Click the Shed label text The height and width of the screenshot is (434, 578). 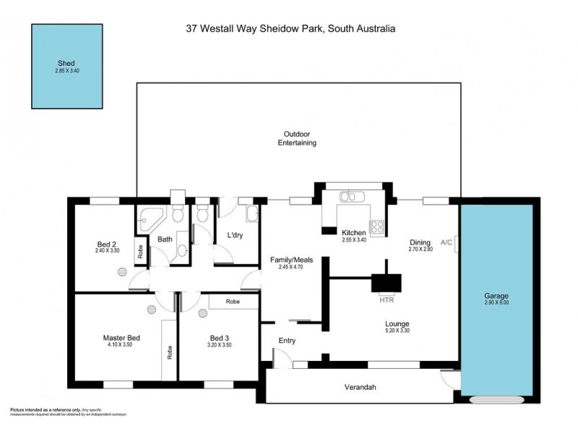[x=66, y=63]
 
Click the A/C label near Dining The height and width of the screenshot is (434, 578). [x=446, y=243]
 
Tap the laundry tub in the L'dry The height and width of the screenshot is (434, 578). [x=251, y=213]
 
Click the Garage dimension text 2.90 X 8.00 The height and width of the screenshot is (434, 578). [x=496, y=304]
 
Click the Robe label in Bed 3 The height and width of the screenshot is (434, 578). [x=232, y=301]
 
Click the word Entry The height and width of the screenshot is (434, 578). [x=287, y=341]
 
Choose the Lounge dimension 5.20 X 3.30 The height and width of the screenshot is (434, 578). [x=397, y=331]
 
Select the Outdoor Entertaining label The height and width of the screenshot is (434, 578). [x=297, y=138]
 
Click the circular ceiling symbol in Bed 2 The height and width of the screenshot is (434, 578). [x=122, y=271]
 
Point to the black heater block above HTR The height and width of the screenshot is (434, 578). [x=387, y=282]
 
